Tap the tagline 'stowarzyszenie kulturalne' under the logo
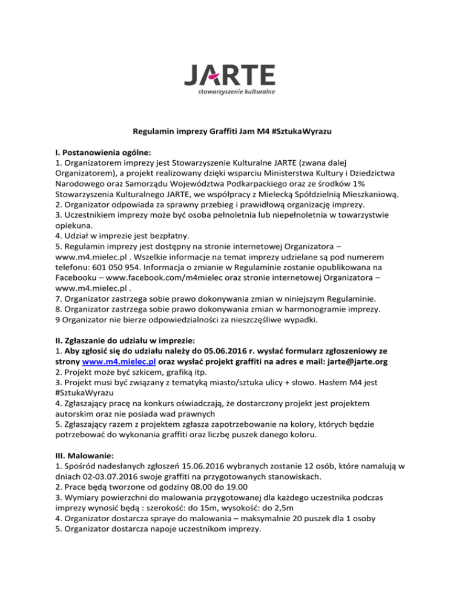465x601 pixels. [x=237, y=92]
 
